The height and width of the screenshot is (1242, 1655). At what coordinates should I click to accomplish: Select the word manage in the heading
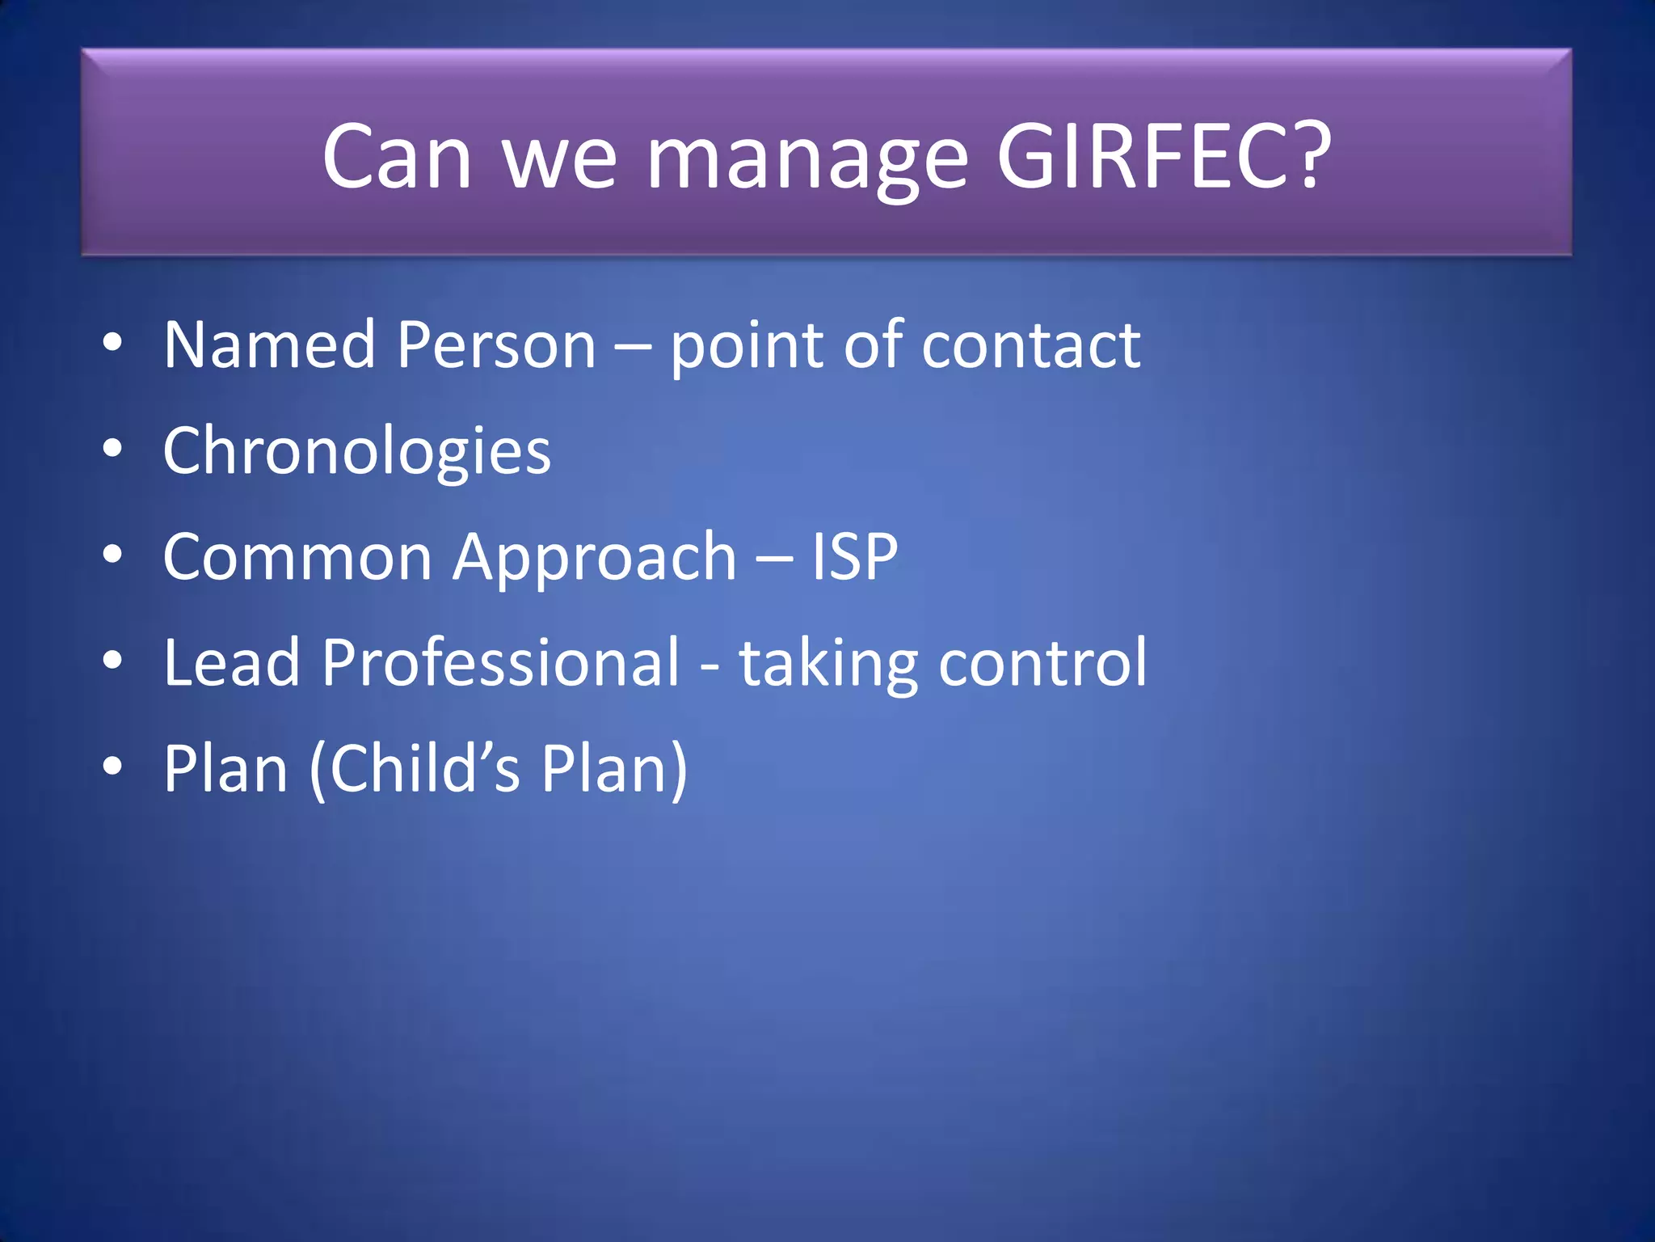(807, 162)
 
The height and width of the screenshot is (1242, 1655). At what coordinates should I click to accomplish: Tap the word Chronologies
(356, 451)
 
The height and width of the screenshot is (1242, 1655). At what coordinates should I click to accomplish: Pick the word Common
(297, 557)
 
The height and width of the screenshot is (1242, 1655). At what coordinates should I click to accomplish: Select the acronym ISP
(854, 557)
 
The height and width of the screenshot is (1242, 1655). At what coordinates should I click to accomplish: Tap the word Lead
(231, 662)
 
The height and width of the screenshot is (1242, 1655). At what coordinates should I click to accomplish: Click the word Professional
(501, 662)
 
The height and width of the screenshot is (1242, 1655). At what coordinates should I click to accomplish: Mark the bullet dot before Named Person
(112, 342)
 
